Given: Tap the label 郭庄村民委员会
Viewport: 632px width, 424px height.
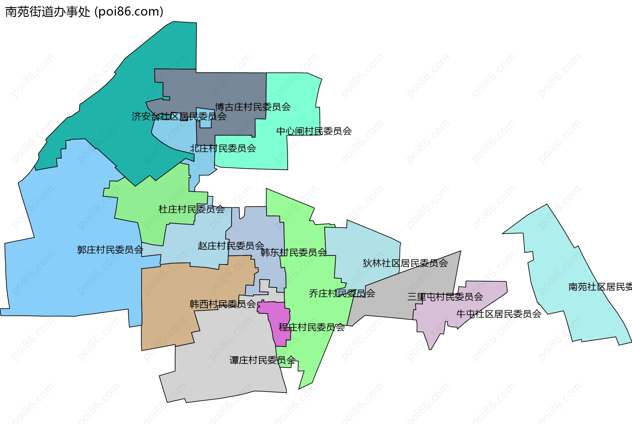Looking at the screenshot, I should click(110, 250).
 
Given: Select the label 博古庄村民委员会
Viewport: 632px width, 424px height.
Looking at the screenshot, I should click(253, 107).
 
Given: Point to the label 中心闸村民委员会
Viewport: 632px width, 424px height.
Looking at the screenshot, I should click(314, 131).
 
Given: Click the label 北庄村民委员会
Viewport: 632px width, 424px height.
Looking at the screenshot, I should click(223, 149).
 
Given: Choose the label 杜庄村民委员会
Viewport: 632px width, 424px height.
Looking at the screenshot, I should click(192, 209).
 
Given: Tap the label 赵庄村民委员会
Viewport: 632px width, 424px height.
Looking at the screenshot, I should click(231, 246).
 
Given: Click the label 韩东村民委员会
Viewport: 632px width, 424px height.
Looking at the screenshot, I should click(294, 253).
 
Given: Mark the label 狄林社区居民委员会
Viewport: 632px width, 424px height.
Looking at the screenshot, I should click(405, 263).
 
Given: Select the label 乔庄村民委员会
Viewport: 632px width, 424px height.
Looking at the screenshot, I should click(342, 293).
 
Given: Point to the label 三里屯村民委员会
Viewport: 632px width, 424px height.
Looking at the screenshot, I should click(445, 297).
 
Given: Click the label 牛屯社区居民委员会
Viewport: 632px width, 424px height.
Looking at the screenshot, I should click(499, 314).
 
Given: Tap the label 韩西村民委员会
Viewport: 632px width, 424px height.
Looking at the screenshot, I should click(223, 304).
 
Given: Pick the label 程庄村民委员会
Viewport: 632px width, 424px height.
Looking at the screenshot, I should click(311, 327).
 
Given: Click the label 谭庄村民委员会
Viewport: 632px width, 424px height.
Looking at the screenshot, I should click(262, 361).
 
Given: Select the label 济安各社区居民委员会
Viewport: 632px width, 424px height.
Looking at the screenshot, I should click(179, 116).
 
